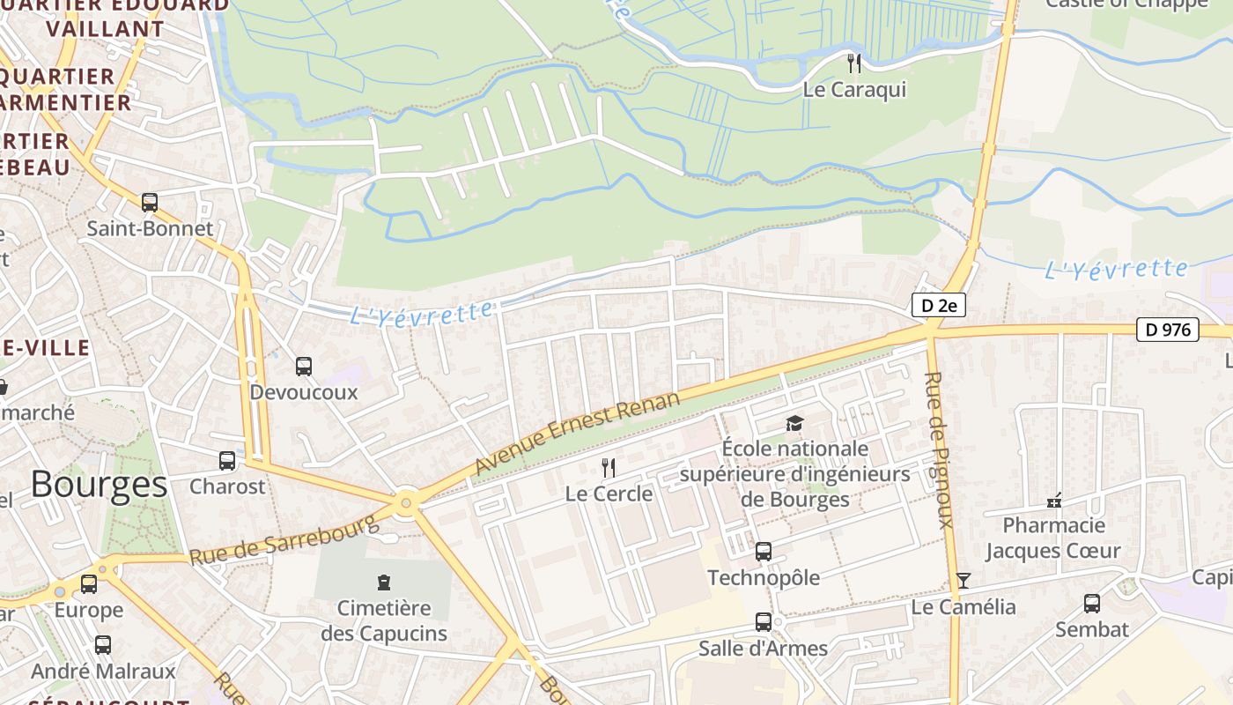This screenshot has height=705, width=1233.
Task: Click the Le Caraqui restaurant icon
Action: [853, 63]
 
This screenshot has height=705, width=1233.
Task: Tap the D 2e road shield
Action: [938, 306]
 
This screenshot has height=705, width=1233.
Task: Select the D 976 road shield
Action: [1168, 330]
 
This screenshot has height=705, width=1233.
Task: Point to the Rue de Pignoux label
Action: [938, 449]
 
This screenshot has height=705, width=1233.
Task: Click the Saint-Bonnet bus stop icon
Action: [150, 203]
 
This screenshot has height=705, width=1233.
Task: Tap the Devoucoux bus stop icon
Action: [304, 366]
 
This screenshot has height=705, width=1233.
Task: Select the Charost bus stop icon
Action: [227, 460]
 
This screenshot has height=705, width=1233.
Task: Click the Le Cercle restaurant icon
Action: [609, 467]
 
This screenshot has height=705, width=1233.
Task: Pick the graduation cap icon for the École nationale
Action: [794, 424]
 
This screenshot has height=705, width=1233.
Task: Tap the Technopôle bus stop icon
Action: [764, 553]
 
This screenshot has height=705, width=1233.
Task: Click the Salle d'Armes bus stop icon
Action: [764, 622]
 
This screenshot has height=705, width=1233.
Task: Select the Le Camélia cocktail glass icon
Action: [964, 580]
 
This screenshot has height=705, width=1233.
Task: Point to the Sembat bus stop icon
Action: [1092, 604]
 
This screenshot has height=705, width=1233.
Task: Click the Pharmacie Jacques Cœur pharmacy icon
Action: [1053, 501]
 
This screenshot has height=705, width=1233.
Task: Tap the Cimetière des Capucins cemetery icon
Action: [384, 582]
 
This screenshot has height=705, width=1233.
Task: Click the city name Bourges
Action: [99, 484]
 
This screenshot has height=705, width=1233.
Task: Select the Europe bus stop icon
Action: [89, 583]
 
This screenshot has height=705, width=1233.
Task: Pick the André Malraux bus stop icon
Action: [103, 645]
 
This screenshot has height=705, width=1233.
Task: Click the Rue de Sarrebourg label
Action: [284, 540]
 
